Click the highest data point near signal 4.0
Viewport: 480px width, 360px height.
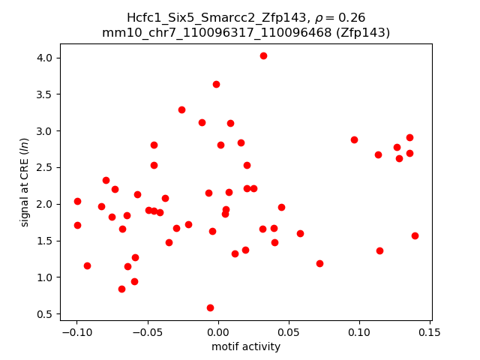263,55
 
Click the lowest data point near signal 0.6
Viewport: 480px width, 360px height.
210,307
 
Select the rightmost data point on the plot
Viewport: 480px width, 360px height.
415,235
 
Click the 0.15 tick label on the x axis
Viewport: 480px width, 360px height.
429,332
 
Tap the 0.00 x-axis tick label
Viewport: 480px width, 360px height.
217,332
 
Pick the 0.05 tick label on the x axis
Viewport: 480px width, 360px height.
288,332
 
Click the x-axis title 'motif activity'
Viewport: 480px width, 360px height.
246,346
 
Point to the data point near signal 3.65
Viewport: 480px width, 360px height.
216,84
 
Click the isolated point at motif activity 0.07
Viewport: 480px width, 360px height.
319,263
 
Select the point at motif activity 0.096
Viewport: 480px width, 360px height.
354,139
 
